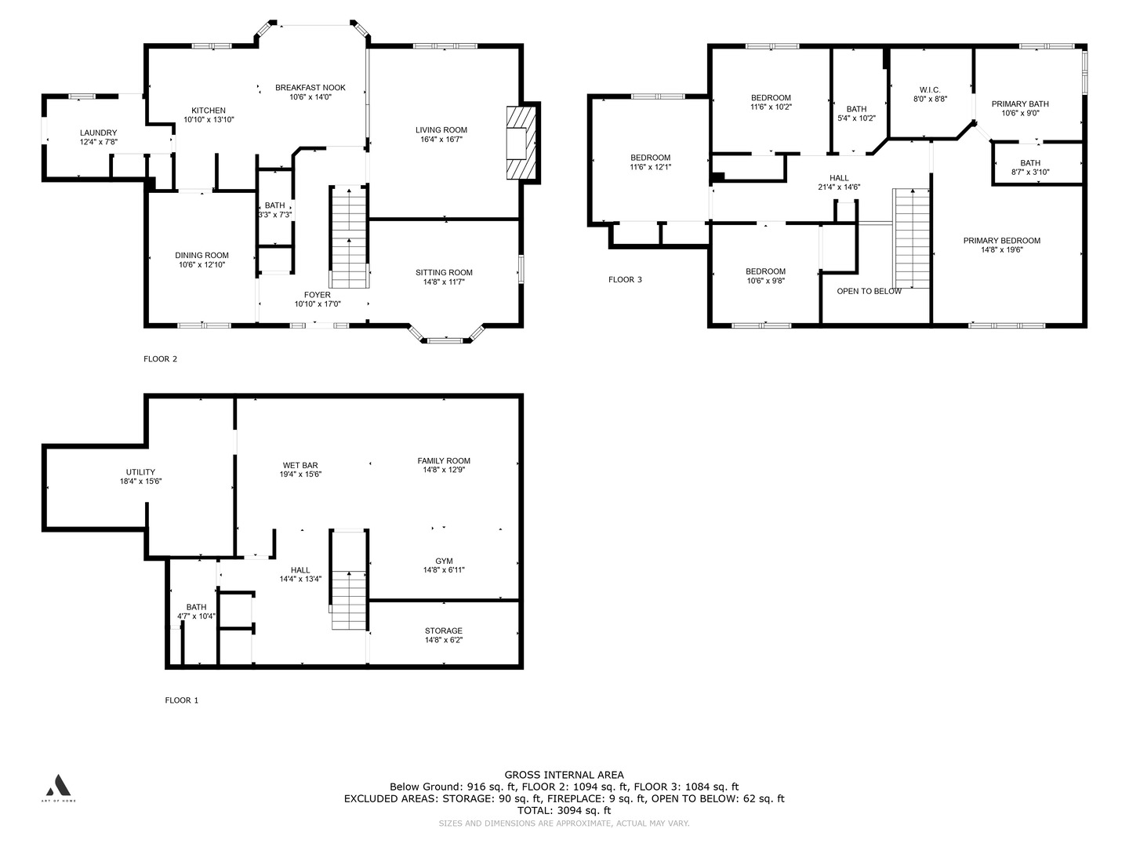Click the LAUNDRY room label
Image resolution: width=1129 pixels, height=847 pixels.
click(x=98, y=133)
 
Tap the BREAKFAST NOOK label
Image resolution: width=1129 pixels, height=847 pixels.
click(x=310, y=87)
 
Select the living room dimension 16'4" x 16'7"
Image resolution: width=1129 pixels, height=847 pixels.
click(x=441, y=140)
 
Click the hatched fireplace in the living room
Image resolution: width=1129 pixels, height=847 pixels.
click(x=521, y=143)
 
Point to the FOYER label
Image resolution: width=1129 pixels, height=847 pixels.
click(x=318, y=295)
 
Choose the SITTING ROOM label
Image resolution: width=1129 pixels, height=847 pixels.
click(x=444, y=273)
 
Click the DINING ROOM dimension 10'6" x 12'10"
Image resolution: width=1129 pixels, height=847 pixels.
click(x=201, y=265)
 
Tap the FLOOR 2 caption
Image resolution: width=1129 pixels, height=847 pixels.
click(x=160, y=359)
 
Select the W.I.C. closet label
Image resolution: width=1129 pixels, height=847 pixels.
click(x=930, y=90)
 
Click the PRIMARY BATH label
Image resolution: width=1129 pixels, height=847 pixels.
click(x=1020, y=104)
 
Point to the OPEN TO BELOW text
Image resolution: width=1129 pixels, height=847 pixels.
click(x=869, y=291)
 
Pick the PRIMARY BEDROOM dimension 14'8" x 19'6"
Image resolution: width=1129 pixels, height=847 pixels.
click(x=1002, y=250)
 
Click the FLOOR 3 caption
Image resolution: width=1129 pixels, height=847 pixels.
click(x=625, y=280)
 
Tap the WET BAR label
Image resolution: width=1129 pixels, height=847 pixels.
click(x=300, y=465)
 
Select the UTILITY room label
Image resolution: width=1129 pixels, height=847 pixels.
click(x=140, y=472)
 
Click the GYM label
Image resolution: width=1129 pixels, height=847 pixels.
click(x=444, y=561)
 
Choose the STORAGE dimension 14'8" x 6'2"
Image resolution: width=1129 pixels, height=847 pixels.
click(x=444, y=640)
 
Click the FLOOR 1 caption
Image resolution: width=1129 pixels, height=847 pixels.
click(x=182, y=700)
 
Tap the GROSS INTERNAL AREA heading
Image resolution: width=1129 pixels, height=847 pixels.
click(x=564, y=775)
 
